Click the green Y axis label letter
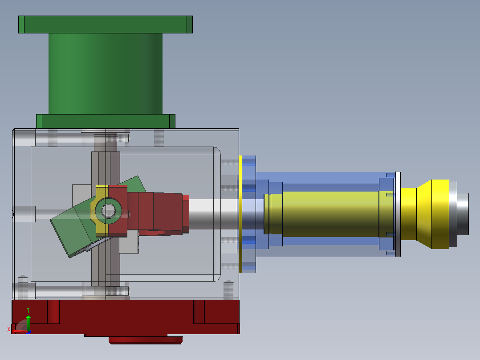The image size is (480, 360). [x=28, y=310]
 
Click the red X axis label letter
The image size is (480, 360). [x=8, y=329]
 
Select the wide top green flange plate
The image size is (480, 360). [x=105, y=25]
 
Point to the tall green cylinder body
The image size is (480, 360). [x=105, y=74]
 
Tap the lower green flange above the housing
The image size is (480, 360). [x=106, y=121]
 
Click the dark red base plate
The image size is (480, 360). [x=126, y=317]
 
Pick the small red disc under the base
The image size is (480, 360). [x=146, y=340]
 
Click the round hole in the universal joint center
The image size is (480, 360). [x=108, y=211]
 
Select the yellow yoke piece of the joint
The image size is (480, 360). [x=99, y=211]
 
